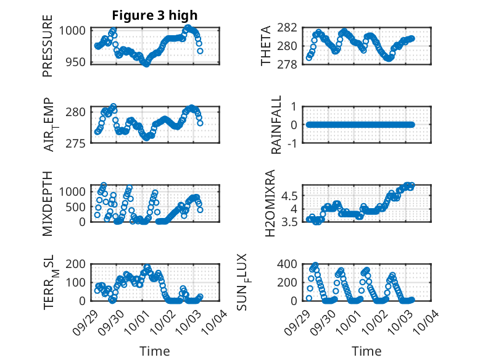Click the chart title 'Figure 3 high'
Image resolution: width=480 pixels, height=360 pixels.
coord(155,15)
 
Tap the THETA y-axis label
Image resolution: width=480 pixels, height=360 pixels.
coord(265,46)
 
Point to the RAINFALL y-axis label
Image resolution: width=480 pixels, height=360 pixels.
coord(277,125)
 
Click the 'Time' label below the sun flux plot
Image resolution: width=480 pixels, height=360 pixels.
coord(367,351)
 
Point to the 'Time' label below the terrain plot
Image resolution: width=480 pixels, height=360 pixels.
coord(155,351)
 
